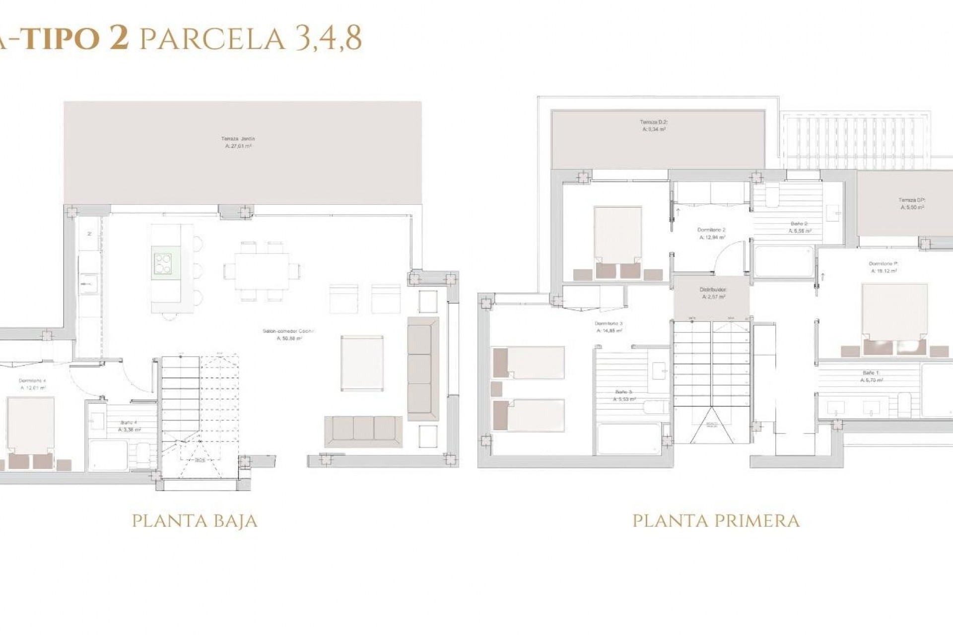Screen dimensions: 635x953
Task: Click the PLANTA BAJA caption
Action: point(195,521)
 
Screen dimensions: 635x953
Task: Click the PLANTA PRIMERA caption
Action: point(716,521)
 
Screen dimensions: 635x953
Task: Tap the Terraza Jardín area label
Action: point(238,142)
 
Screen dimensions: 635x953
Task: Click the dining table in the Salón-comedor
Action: point(262,271)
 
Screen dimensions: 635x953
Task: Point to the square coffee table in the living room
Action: point(362,363)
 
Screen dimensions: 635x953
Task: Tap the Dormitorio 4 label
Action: point(33,384)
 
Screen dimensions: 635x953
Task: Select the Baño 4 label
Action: point(129,426)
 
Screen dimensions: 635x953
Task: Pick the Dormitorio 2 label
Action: point(711,233)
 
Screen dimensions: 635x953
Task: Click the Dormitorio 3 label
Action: point(609,326)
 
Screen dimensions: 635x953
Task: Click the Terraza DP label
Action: point(912,203)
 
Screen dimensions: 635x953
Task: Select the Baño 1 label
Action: point(871,376)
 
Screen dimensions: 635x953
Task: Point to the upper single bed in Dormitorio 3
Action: point(529,363)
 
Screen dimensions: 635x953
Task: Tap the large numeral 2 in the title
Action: point(119,38)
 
